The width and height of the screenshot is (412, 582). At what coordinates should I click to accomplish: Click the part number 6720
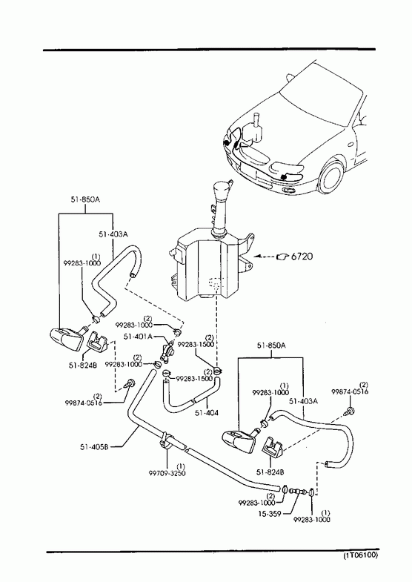(x=302, y=256)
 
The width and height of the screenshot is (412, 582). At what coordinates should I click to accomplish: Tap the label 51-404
(x=207, y=412)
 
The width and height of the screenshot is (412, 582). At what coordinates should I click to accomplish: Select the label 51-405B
(x=94, y=446)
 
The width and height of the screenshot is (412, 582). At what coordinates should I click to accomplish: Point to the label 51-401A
(x=139, y=337)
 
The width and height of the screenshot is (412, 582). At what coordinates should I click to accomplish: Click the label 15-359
(x=270, y=513)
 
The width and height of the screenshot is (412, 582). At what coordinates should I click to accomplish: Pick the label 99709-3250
(x=167, y=473)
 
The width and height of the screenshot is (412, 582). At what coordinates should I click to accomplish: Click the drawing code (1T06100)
(x=360, y=555)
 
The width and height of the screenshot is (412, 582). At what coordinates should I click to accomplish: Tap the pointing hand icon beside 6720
(x=282, y=257)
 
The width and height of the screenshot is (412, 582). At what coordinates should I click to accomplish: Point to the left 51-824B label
(x=83, y=365)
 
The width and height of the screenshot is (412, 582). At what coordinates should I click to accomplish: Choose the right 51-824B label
(x=270, y=472)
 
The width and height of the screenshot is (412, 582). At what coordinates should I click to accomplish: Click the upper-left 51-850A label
(x=85, y=199)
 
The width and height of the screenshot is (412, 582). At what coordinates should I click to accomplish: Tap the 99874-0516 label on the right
(x=350, y=391)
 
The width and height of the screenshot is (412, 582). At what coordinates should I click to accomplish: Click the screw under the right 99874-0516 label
(x=350, y=411)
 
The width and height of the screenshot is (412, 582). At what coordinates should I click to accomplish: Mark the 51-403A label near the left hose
(x=113, y=234)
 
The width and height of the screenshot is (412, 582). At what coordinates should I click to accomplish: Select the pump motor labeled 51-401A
(x=167, y=351)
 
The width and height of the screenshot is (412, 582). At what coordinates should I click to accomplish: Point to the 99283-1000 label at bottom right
(x=311, y=520)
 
